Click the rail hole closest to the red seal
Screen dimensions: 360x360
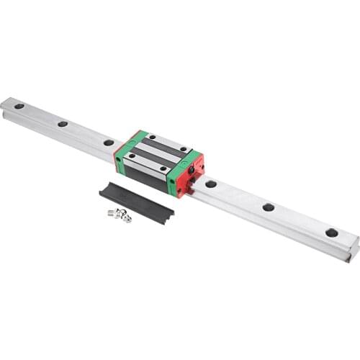coord(211,184)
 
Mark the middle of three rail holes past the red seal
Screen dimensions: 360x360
coord(268,207)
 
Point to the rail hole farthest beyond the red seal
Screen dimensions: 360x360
coord(331,233)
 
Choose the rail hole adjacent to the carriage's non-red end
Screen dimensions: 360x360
coord(108,143)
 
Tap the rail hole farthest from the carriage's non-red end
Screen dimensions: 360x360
coord(19,107)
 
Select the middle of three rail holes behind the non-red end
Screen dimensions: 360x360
coord(63,124)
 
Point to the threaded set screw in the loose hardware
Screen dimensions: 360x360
coord(112,212)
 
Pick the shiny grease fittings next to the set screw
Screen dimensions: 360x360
coord(125,215)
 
